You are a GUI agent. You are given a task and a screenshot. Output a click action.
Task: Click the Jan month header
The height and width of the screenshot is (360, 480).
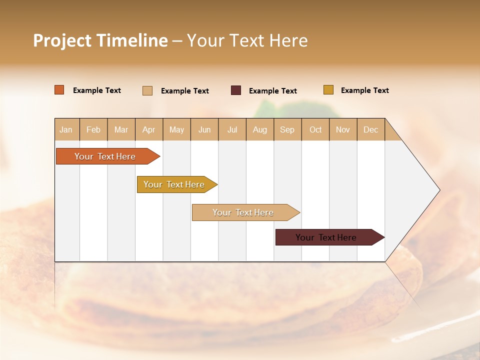[x=66, y=129]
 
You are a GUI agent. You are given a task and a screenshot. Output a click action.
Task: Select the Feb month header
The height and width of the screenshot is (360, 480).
[x=93, y=129]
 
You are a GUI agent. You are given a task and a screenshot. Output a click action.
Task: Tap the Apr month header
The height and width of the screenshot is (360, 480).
[x=148, y=129]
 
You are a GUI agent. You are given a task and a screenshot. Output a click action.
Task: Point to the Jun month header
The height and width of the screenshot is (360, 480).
[x=204, y=129]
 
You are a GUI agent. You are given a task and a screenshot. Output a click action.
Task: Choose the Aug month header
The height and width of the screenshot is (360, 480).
[x=259, y=129]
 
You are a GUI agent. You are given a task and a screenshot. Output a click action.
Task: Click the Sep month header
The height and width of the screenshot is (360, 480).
[x=287, y=129]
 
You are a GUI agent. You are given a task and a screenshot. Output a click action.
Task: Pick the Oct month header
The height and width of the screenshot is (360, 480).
[x=315, y=129]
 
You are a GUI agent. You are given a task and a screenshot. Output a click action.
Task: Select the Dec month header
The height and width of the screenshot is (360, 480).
[x=370, y=129]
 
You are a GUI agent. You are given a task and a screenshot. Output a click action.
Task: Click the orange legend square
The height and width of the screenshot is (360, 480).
[x=59, y=90]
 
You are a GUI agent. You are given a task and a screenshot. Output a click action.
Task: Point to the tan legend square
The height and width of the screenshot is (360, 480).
[x=147, y=90]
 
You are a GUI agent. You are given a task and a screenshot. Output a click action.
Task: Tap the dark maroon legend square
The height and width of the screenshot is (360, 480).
[x=236, y=90]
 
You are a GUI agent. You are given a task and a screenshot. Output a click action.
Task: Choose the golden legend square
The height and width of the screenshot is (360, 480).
[x=328, y=90]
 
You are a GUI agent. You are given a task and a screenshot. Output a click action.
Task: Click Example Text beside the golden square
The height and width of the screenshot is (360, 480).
[x=364, y=90]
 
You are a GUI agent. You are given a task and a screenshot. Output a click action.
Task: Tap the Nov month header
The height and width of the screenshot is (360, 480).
[x=342, y=129]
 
